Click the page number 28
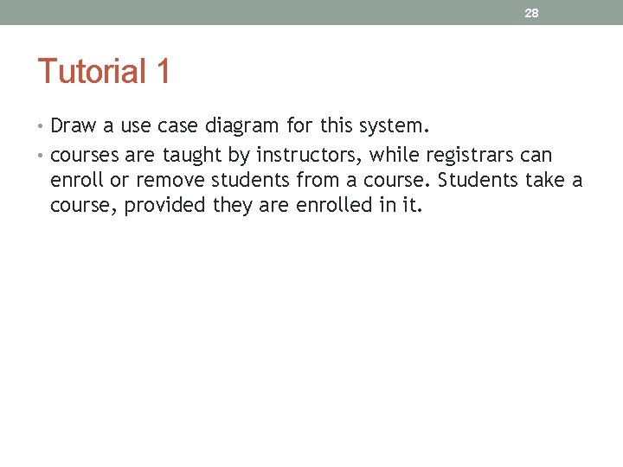532,13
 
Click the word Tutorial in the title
93,72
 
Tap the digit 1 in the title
163,72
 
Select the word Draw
74,126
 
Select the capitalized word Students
478,181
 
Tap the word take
544,181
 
